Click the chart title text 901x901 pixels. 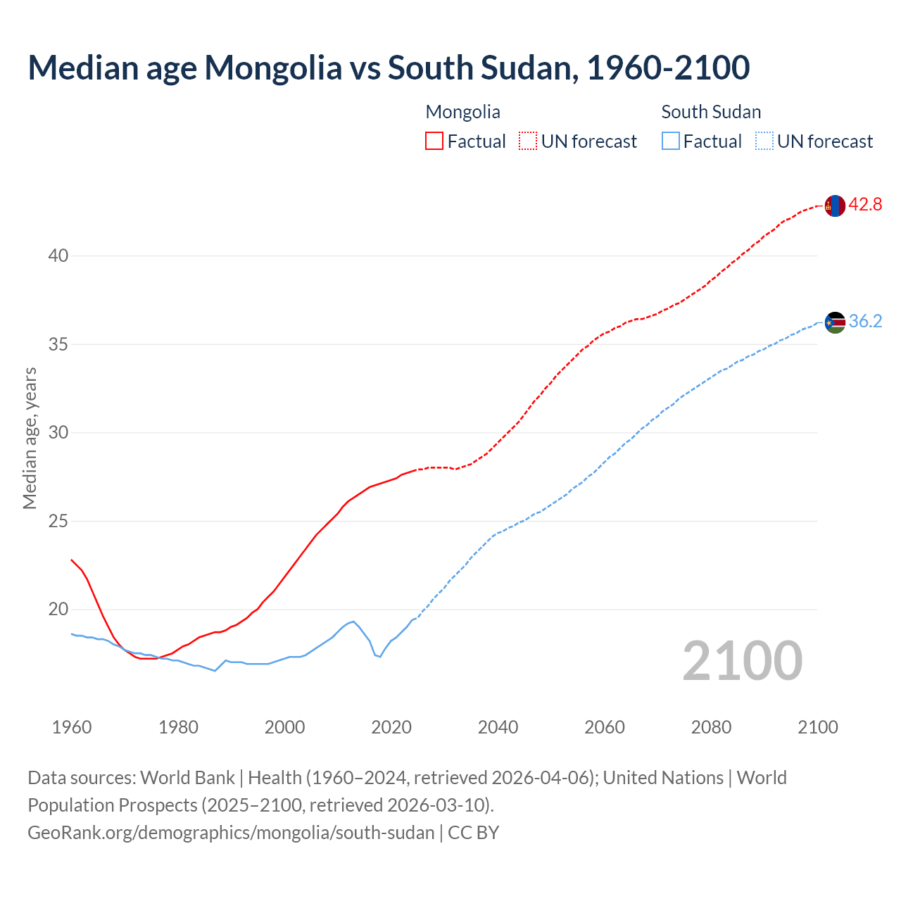[x=389, y=68]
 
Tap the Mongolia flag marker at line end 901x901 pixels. [x=835, y=206]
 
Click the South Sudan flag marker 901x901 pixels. [x=835, y=322]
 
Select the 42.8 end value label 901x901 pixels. [x=865, y=205]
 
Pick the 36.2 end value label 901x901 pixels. [x=865, y=322]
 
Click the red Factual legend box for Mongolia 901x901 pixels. [x=434, y=141]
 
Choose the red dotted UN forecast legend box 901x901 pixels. [x=528, y=141]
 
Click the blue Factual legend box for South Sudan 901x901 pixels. [x=671, y=141]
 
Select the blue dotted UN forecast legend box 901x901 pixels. [x=764, y=141]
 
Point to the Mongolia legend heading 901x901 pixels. [x=462, y=112]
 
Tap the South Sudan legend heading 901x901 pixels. [x=711, y=112]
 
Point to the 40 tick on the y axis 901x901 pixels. [x=58, y=256]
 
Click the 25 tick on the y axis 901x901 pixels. [x=58, y=522]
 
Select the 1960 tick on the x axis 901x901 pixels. [x=72, y=727]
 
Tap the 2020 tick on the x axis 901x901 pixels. [x=391, y=727]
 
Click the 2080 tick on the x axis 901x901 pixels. [x=711, y=727]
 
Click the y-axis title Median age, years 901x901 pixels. [x=30, y=438]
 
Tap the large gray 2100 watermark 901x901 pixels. [x=742, y=660]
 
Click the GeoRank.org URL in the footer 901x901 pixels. [x=231, y=833]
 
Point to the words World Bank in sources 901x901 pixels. [x=187, y=778]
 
